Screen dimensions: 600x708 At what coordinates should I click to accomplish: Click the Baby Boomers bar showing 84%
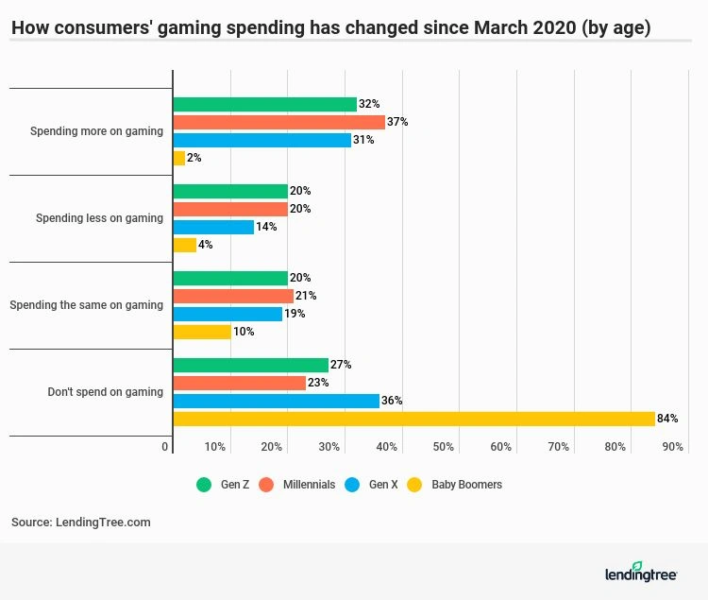click(413, 419)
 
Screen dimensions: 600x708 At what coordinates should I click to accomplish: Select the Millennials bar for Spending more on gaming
click(278, 122)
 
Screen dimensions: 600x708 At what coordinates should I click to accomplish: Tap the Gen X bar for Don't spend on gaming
click(276, 401)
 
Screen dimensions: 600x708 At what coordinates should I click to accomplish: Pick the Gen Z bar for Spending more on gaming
click(264, 105)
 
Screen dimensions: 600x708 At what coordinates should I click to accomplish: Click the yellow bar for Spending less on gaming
click(184, 245)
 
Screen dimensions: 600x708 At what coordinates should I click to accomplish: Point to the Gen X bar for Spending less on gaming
click(213, 227)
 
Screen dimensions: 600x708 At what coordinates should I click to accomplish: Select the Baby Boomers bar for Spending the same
click(202, 332)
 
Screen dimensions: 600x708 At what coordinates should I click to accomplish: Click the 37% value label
click(397, 122)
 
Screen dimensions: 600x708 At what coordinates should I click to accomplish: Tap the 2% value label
click(194, 158)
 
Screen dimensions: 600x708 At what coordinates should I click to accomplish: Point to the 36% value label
click(392, 401)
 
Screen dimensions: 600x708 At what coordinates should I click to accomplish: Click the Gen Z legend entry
click(223, 485)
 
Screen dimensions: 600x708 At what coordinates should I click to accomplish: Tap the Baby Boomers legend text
click(466, 485)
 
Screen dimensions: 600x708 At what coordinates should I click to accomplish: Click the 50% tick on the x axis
click(444, 447)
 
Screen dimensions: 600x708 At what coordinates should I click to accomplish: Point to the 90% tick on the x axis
click(672, 447)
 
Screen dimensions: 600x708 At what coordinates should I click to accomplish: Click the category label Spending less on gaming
click(99, 218)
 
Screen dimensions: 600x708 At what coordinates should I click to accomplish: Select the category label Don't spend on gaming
click(105, 392)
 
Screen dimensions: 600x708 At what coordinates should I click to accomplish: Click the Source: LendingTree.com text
click(81, 522)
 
